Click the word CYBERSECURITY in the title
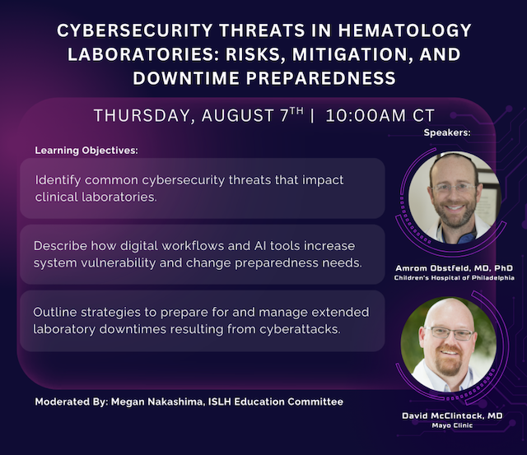pos(135,30)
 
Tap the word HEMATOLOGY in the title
pos(405,30)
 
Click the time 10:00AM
pos(366,115)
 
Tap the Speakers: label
pos(447,132)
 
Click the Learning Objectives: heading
pos(86,150)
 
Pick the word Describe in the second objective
pos(60,246)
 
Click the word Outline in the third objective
pos(55,312)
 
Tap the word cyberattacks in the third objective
pos(300,329)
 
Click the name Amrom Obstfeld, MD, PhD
pos(454,268)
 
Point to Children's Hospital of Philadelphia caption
pos(454,278)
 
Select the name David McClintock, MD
pos(452,416)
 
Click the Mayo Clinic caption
pos(452,425)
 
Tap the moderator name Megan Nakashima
pos(156,402)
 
